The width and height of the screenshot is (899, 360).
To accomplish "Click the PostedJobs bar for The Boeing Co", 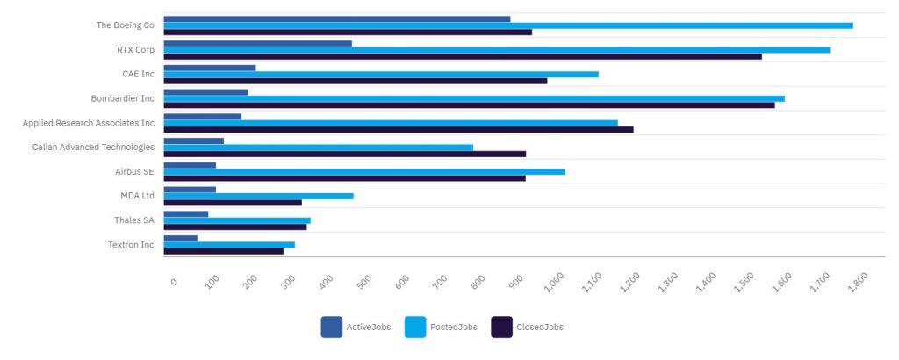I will click(x=507, y=25).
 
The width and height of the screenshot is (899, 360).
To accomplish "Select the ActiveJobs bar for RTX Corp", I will click(x=257, y=43).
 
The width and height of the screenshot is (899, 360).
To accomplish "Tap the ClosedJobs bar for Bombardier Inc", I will click(x=469, y=105).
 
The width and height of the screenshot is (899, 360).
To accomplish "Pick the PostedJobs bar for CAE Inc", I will click(x=381, y=74).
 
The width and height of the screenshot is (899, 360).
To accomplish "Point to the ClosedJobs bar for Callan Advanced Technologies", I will click(x=344, y=154).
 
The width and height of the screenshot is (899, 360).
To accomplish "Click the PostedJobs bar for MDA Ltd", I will click(x=258, y=196).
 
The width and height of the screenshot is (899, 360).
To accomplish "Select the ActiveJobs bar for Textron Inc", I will click(x=180, y=238).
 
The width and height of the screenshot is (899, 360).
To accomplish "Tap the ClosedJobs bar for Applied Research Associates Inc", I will click(x=398, y=130).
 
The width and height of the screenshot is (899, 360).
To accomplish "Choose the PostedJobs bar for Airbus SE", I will click(x=363, y=171).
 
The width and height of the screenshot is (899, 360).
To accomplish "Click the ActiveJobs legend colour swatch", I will click(x=331, y=327).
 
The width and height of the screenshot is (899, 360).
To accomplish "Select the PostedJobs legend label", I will click(x=453, y=327).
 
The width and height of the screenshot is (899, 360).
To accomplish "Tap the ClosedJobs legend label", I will click(x=539, y=327).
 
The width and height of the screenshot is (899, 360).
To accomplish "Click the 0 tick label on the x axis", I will click(x=174, y=281).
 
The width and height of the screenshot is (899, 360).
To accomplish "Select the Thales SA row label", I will click(x=133, y=220).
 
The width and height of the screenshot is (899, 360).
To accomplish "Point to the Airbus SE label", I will click(x=134, y=171).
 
